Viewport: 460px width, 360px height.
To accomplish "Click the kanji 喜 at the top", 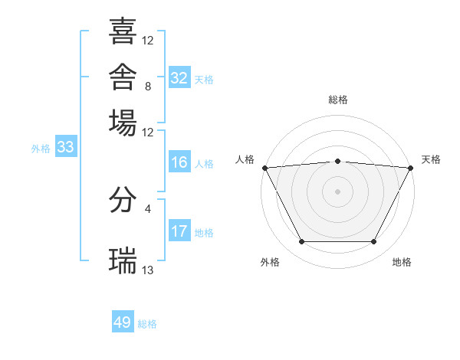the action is [x=123, y=31].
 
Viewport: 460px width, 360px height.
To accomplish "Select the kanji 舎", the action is [x=123, y=77].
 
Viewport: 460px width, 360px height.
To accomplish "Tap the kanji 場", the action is [x=123, y=123].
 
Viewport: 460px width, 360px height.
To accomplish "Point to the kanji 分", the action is [x=123, y=200].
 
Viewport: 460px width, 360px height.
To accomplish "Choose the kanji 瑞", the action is [x=123, y=260].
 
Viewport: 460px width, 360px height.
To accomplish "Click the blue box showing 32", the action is [x=179, y=77].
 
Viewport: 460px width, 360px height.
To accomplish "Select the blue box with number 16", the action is [x=179, y=162].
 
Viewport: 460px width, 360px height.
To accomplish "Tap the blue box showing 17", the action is [x=179, y=230].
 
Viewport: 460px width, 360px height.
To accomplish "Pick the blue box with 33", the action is [x=66, y=146].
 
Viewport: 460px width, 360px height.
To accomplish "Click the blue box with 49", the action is [x=123, y=321].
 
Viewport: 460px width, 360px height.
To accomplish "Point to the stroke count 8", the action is [x=148, y=87].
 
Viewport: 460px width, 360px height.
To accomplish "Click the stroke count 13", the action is [x=147, y=270].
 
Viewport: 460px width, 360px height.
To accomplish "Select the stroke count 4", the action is [x=148, y=209].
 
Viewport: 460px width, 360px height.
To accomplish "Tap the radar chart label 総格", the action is [x=338, y=100].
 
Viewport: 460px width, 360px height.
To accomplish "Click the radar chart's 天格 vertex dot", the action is [x=411, y=168].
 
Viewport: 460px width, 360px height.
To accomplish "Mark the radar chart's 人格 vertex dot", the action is [x=265, y=168].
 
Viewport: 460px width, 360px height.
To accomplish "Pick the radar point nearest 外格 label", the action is [x=302, y=241].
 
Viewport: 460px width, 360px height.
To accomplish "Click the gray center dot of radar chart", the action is [x=337, y=191].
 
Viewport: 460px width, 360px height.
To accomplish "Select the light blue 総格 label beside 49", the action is [x=147, y=324].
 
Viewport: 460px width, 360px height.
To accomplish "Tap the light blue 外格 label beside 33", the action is [x=41, y=149].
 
